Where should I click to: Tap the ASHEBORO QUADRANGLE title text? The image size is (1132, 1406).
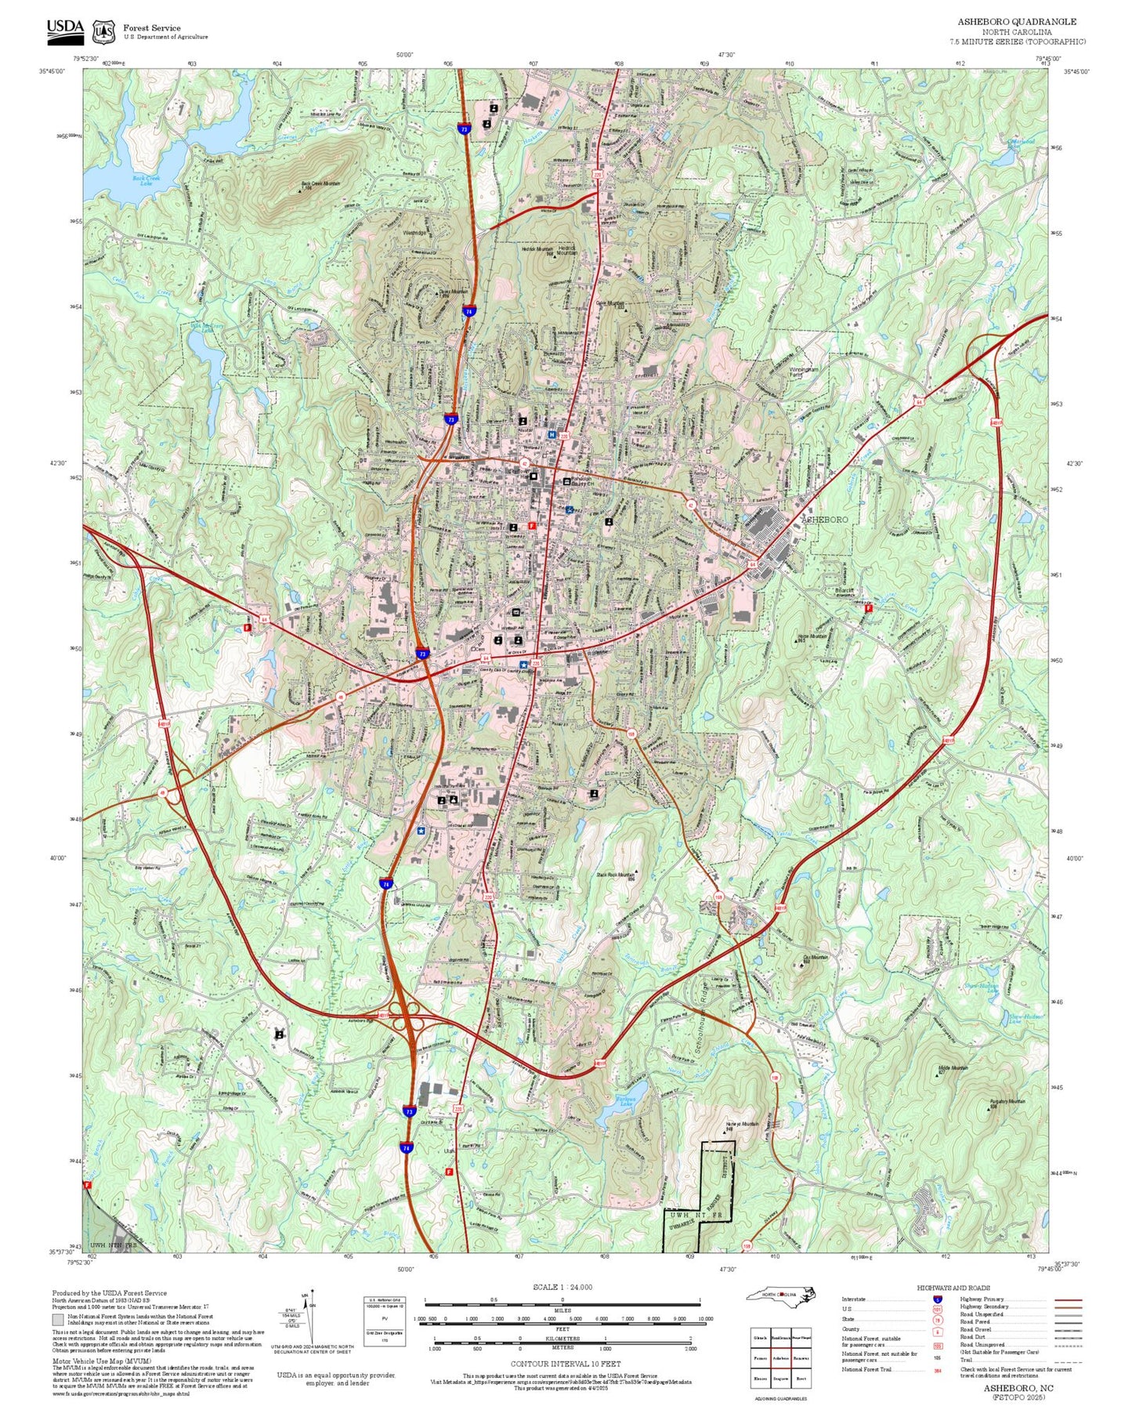(x=1016, y=22)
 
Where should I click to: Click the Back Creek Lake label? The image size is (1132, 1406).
(x=146, y=180)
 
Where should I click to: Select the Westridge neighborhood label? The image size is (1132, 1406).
(x=414, y=233)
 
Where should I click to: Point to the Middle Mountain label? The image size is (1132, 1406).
(x=953, y=1067)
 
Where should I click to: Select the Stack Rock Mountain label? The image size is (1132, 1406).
(x=615, y=875)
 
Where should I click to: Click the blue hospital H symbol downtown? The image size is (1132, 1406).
(x=552, y=434)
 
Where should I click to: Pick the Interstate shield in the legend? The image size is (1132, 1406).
(x=937, y=1299)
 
